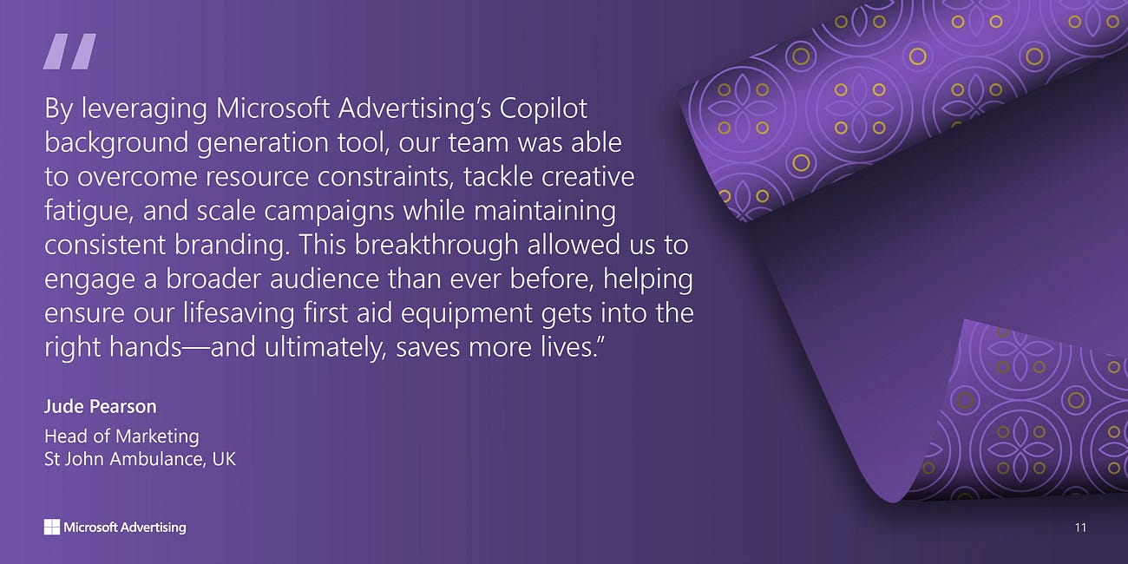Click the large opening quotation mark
click(69, 52)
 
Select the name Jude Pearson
click(100, 406)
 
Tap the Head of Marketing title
click(121, 436)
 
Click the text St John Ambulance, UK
click(140, 458)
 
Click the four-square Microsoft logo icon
click(52, 527)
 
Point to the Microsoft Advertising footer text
click(125, 527)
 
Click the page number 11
click(1079, 527)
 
